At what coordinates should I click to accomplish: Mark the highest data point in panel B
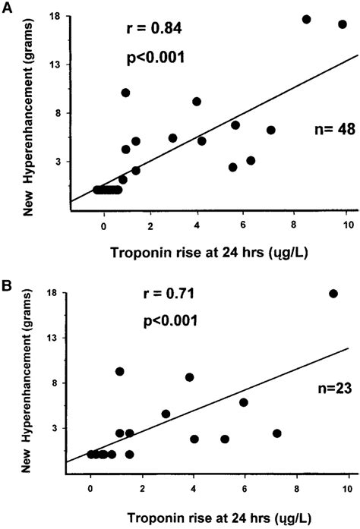(x=333, y=294)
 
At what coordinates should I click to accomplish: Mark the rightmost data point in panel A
(x=343, y=24)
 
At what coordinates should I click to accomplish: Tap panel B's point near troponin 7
(x=277, y=433)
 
